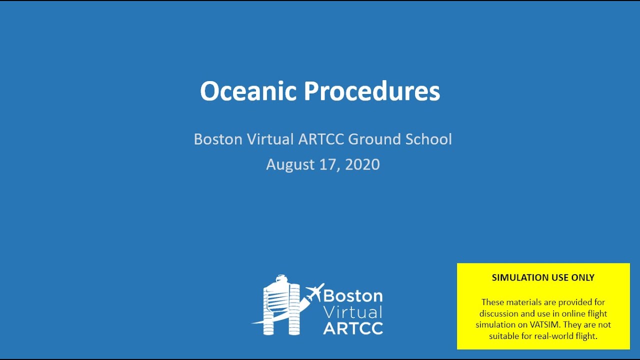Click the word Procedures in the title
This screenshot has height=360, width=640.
371,91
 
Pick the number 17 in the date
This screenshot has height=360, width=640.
327,164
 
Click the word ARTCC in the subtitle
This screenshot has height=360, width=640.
321,139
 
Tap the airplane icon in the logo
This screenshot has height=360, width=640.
314,292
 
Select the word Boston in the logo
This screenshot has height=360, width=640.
353,295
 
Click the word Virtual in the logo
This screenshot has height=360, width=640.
353,312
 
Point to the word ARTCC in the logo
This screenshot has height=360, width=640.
353,328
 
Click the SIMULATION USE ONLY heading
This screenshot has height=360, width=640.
543,277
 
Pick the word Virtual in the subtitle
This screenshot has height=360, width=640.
269,139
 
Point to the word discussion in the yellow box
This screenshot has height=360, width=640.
500,314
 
